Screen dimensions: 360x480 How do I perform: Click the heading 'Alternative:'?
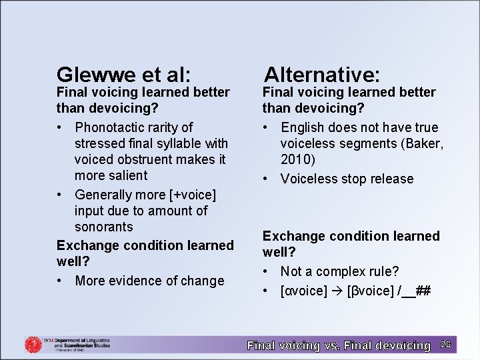click(322, 73)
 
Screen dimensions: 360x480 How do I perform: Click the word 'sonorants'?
click(104, 227)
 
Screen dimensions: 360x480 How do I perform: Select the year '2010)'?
click(298, 159)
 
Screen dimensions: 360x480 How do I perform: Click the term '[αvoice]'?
click(304, 291)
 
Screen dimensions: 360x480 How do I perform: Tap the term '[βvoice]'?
click(369, 291)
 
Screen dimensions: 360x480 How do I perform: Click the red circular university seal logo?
click(33, 345)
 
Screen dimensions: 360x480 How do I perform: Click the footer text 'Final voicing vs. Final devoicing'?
click(339, 345)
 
